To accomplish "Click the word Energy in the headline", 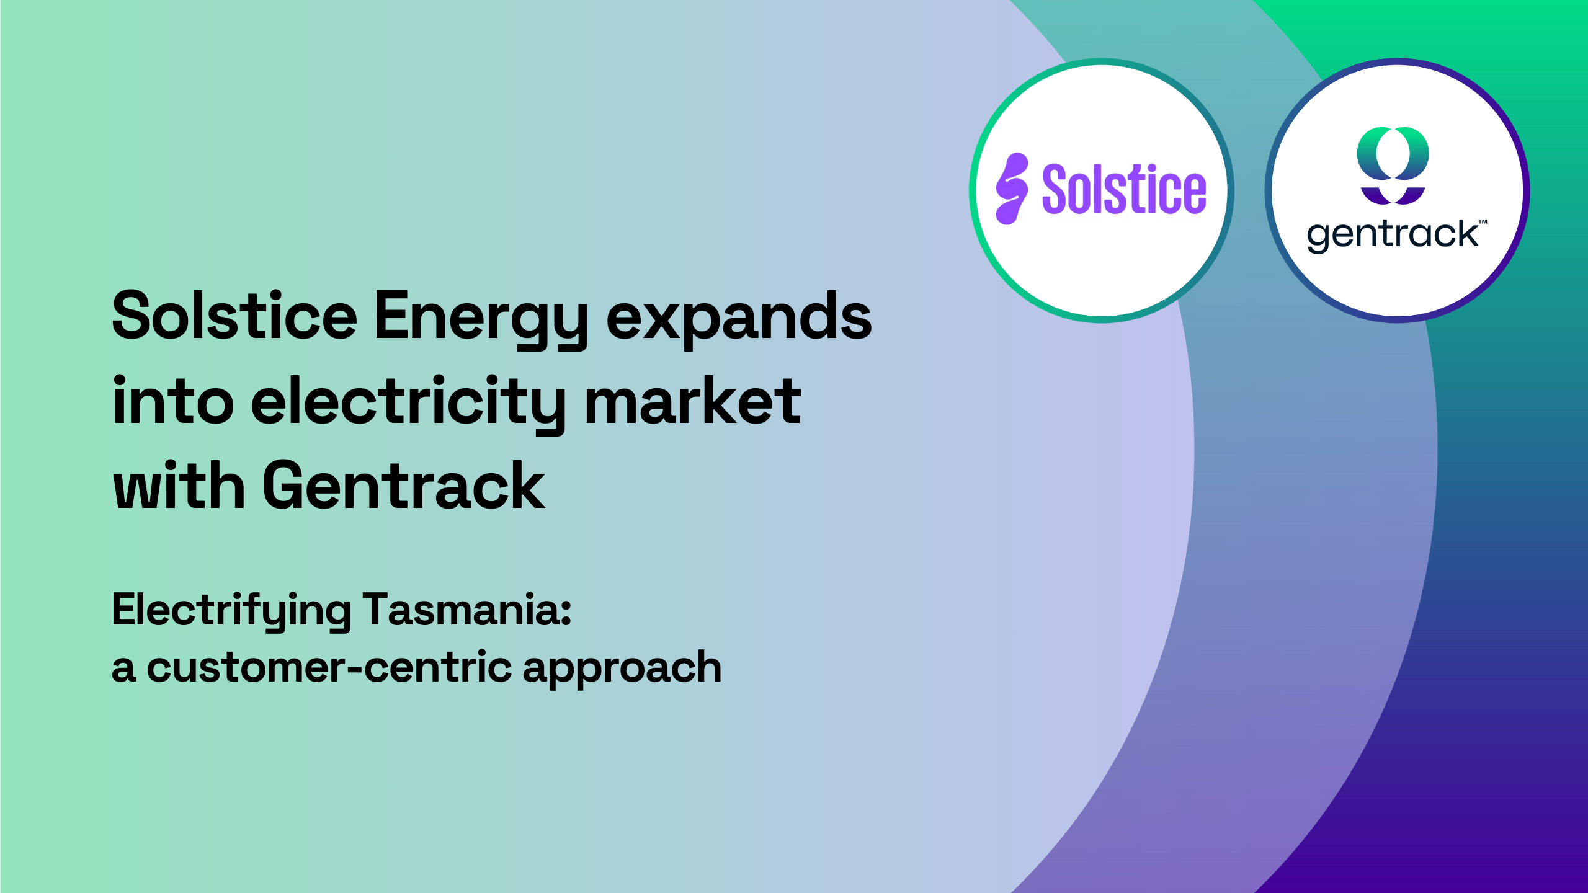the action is pyautogui.click(x=481, y=320).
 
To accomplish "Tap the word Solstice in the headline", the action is pyautogui.click(x=234, y=316).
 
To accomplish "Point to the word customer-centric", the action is pyautogui.click(x=329, y=667).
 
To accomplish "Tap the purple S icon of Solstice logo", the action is pyautogui.click(x=1012, y=189).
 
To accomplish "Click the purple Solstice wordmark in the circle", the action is pyautogui.click(x=1124, y=189).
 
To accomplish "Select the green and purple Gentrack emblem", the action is pyautogui.click(x=1393, y=166).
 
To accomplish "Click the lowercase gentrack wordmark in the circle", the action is pyautogui.click(x=1393, y=235).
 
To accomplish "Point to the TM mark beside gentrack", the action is pyautogui.click(x=1483, y=221).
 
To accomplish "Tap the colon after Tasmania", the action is pyautogui.click(x=566, y=611).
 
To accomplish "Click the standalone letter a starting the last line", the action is pyautogui.click(x=123, y=670).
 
